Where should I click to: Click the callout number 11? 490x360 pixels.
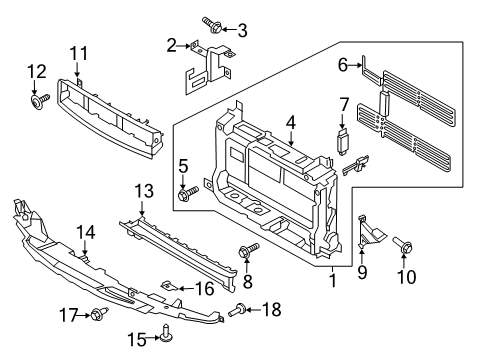[x=78, y=52]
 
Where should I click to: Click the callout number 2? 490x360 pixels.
[x=171, y=44]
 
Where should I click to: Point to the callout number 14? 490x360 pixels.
[x=88, y=232]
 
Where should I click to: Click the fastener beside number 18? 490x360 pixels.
[x=236, y=311]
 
